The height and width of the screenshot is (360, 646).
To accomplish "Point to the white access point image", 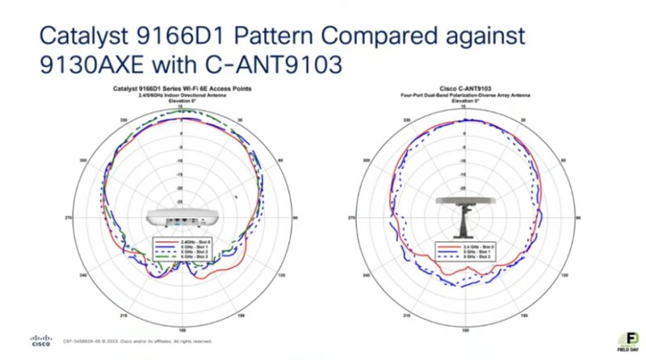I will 182,218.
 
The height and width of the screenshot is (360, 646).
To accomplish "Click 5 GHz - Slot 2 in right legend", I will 467,253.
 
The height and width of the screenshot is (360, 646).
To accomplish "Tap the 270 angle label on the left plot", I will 69,218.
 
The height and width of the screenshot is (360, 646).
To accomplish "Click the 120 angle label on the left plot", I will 280,275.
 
